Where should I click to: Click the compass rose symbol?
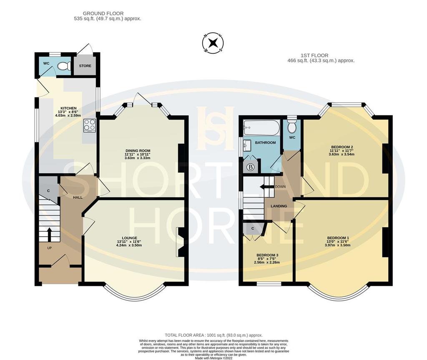[x=213, y=43]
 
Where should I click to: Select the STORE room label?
[x=85, y=66]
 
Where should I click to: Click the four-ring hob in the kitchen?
[x=89, y=125]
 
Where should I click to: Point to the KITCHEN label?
[x=68, y=108]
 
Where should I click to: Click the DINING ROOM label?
[x=138, y=151]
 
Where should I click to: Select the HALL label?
[x=78, y=197]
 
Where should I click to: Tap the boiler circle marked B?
[x=251, y=167]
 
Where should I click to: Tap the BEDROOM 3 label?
[x=267, y=255]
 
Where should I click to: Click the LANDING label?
[x=279, y=206]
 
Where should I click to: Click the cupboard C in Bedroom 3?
[x=253, y=229]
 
